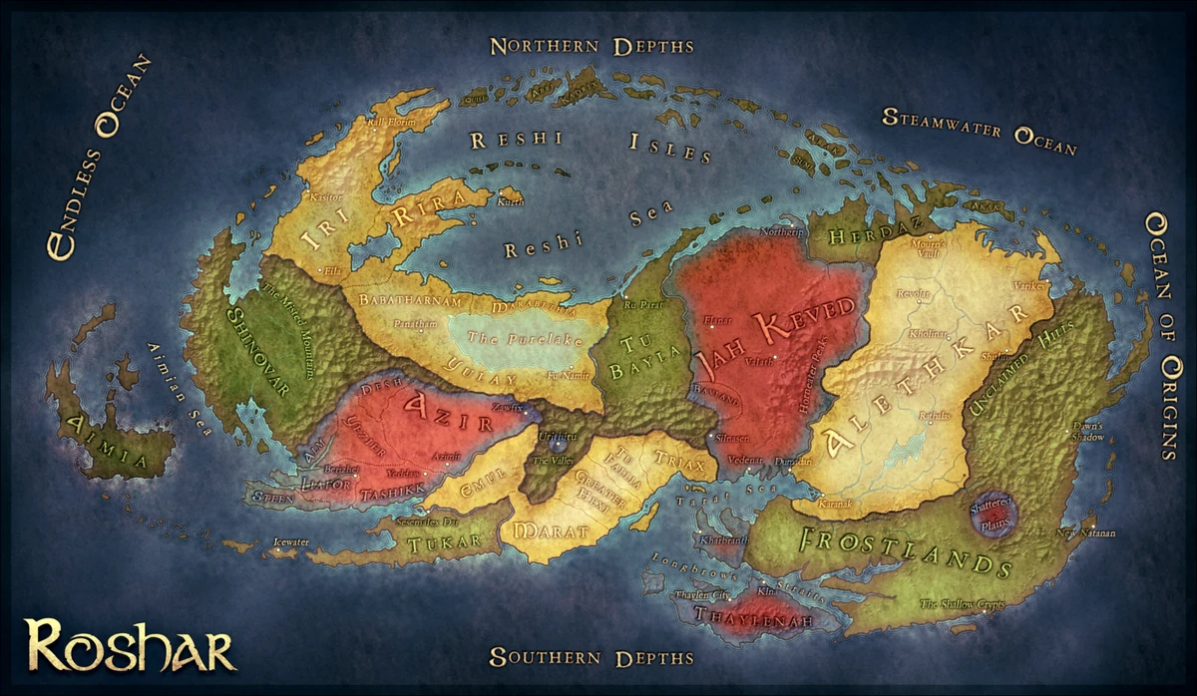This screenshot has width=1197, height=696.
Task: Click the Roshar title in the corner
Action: tap(130, 645)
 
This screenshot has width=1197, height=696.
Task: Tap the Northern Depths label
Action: tap(592, 46)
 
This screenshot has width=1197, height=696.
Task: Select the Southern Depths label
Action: tap(591, 657)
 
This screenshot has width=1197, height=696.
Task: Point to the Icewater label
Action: tap(292, 544)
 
